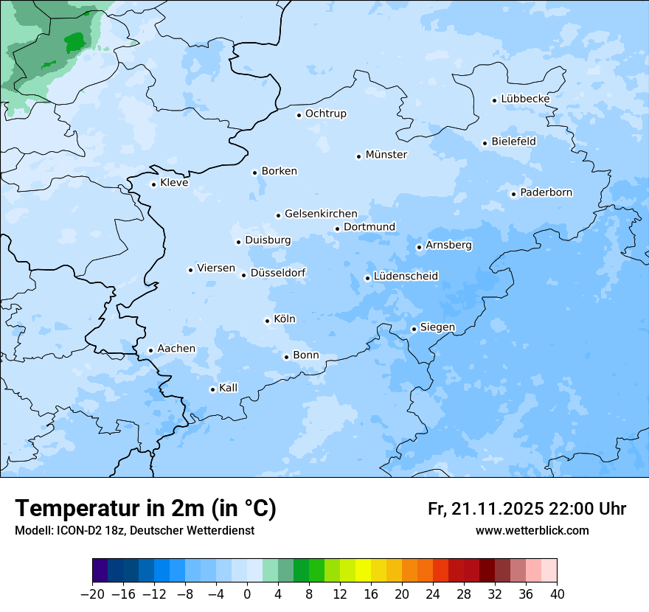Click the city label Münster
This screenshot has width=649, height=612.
386,155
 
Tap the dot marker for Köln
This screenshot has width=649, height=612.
268,321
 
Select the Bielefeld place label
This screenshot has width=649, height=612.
513,141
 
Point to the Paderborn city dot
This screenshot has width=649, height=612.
514,195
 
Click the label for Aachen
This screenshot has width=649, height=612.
176,349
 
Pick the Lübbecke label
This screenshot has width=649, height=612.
525,99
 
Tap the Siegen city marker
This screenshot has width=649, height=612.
414,330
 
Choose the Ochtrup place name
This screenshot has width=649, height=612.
325,114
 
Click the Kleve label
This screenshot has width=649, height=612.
174,183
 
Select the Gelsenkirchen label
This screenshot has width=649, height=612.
321,214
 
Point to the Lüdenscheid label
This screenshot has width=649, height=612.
406,277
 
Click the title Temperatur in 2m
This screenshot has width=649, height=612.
146,509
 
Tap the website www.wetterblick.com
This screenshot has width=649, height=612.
532,531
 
